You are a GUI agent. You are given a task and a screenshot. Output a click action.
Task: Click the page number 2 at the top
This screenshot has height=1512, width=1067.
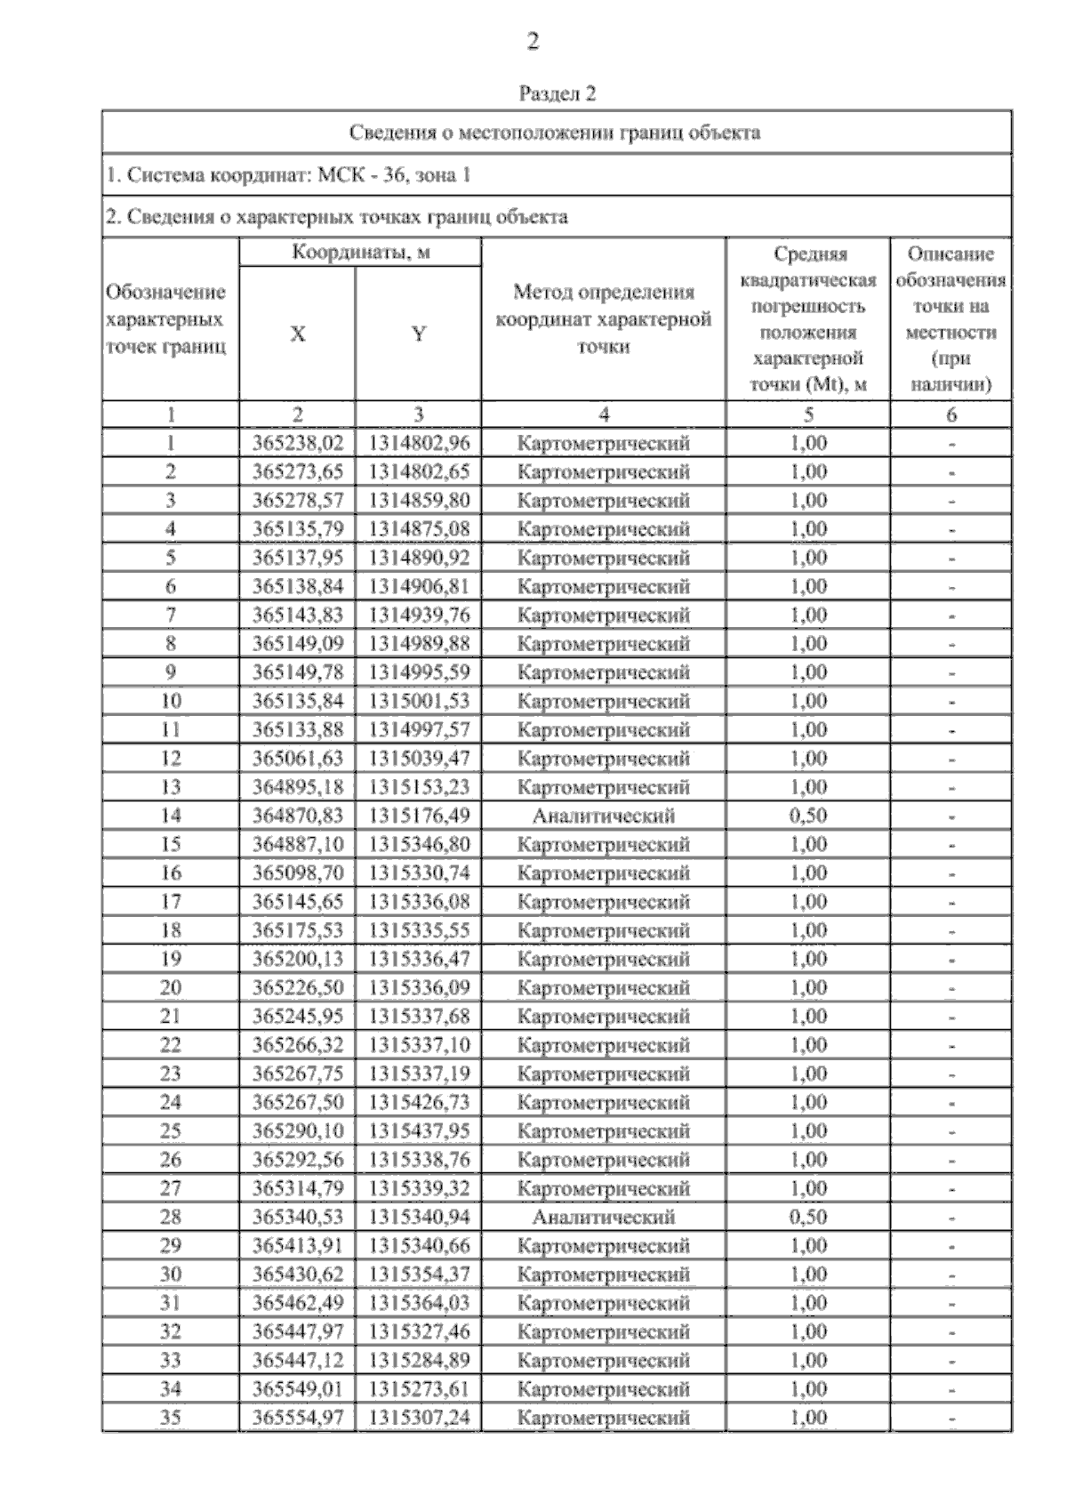(x=533, y=42)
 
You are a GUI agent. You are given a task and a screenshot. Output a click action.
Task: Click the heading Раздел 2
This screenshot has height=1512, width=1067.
(x=557, y=94)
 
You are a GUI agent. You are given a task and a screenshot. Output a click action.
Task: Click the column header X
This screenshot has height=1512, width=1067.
(x=297, y=334)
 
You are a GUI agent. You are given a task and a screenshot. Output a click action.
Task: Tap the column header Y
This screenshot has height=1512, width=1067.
(x=418, y=334)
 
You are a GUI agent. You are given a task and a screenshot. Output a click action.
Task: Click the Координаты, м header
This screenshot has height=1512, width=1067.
(x=361, y=253)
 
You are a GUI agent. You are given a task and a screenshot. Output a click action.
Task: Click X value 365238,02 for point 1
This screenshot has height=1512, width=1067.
(x=297, y=443)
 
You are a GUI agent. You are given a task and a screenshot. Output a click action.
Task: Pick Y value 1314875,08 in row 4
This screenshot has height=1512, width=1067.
(x=418, y=529)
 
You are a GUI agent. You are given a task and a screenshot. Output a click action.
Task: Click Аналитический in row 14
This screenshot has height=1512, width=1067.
(x=603, y=816)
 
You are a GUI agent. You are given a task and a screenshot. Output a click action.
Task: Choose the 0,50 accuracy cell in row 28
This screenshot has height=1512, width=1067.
(x=807, y=1217)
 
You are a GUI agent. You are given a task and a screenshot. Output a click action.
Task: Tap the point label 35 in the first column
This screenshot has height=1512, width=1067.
(x=170, y=1418)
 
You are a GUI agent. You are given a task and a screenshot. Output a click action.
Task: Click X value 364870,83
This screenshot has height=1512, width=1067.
(x=297, y=816)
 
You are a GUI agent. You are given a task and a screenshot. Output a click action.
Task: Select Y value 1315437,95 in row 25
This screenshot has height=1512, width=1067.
(x=418, y=1131)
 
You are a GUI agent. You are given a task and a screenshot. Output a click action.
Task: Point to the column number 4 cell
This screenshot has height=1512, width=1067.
(x=603, y=414)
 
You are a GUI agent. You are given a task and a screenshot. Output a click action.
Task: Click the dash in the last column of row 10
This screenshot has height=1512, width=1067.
(x=951, y=702)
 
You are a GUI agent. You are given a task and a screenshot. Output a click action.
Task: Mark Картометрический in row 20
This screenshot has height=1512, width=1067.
(x=603, y=988)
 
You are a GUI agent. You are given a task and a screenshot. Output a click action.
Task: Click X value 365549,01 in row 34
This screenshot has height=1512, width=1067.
(x=297, y=1389)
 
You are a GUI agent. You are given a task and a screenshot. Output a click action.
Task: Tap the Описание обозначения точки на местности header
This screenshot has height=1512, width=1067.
(x=951, y=319)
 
